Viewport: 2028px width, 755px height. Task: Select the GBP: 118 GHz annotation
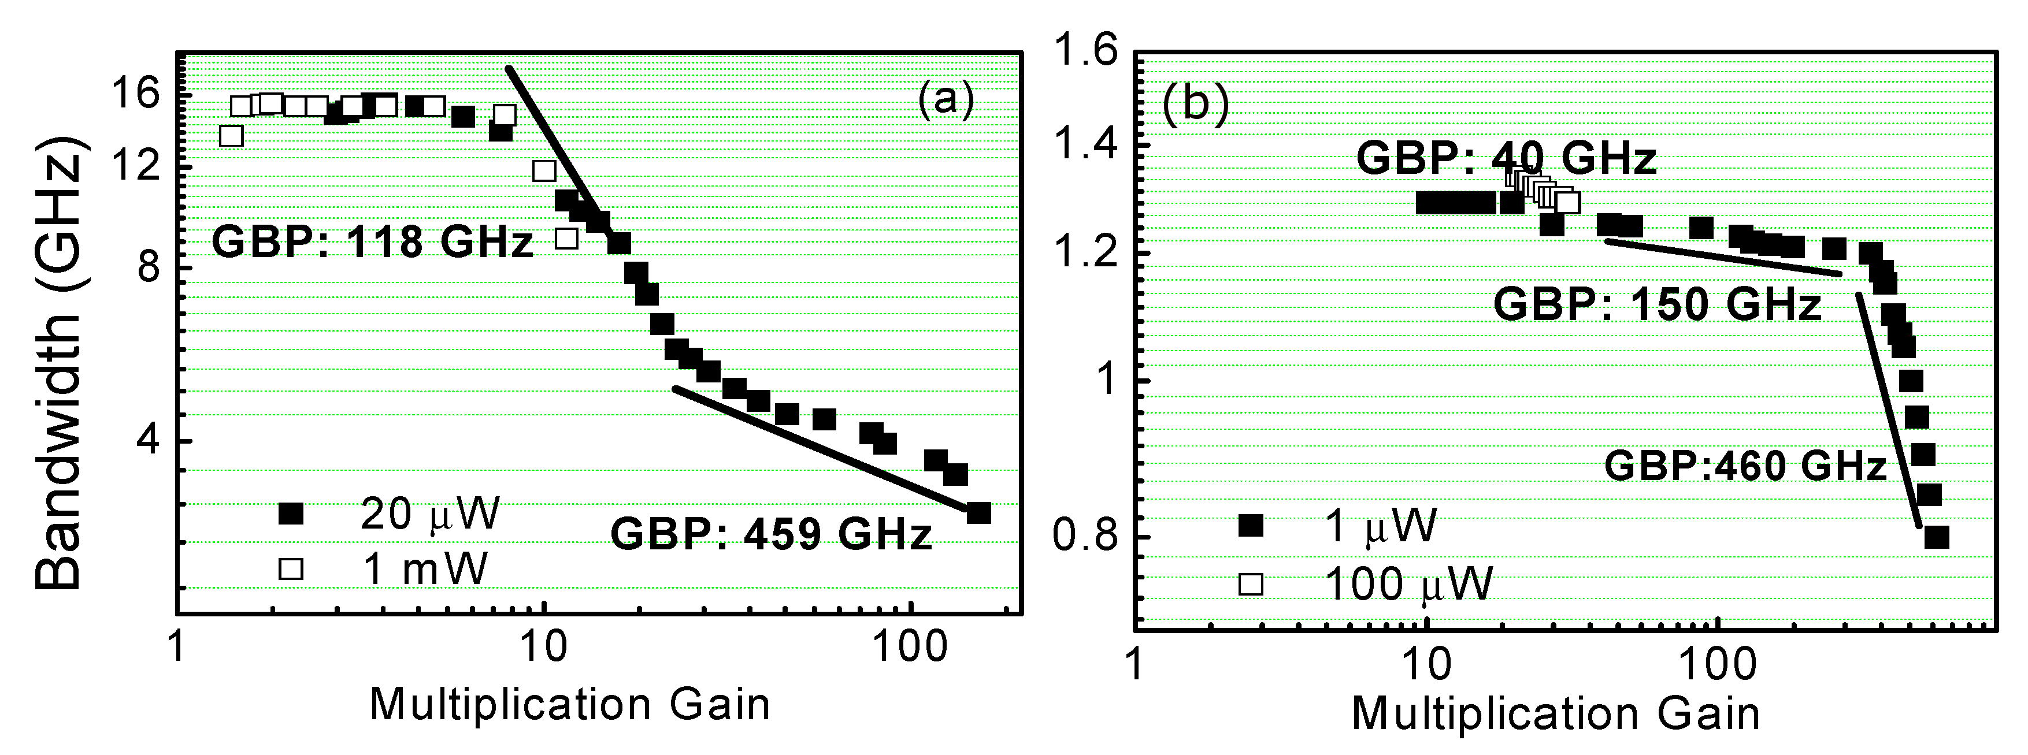[372, 241]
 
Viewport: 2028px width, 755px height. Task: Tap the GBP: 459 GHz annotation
[772, 534]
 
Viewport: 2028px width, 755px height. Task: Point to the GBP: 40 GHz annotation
[1506, 158]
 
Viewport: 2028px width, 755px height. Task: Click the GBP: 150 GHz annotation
[1657, 304]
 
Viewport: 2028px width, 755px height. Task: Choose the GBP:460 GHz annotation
[1745, 466]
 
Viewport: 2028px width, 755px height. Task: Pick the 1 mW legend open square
[291, 568]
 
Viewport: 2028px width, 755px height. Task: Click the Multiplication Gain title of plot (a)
[569, 704]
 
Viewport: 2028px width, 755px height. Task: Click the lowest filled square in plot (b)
[1936, 538]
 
